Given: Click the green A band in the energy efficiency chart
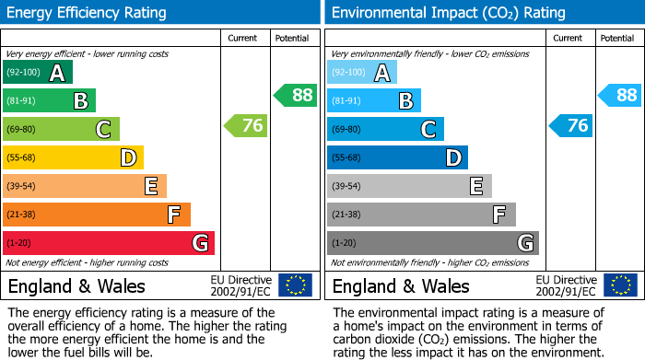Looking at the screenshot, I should (38, 73).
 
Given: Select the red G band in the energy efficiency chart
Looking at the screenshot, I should (109, 243).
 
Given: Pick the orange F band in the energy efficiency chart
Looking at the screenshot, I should (97, 215).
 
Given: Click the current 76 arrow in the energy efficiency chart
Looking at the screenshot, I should (246, 125).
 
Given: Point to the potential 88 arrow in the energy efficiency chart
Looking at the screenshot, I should (295, 95).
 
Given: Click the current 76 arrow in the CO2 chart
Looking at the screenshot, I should (570, 125).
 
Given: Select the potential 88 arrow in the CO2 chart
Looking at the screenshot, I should (619, 95).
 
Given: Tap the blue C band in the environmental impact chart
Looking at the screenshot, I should (385, 129).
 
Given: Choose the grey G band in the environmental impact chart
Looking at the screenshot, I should (432, 243).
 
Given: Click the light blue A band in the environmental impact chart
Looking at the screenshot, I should (362, 73).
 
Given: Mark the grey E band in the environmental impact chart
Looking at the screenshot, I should (409, 186).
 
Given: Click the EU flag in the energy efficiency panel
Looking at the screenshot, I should (295, 285).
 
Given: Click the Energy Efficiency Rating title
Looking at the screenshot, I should (88, 13).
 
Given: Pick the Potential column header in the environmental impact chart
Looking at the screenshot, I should (617, 38).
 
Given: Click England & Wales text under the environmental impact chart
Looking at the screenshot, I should (401, 286).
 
